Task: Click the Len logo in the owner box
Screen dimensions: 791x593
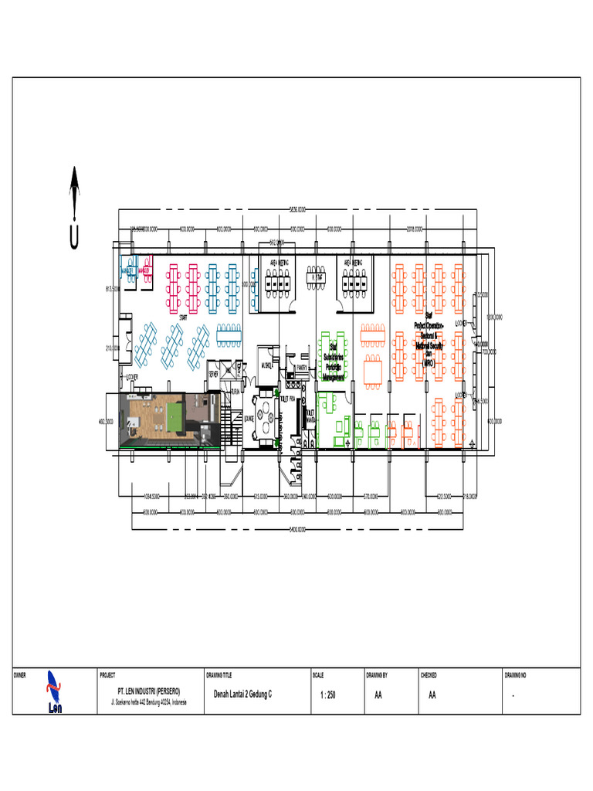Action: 54,692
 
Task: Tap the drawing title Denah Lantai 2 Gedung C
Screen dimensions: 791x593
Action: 242,695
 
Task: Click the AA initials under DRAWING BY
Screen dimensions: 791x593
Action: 378,695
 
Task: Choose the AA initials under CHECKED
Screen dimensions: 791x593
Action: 432,695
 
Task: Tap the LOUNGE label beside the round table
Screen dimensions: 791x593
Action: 249,419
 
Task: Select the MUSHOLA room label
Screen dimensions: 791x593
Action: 267,365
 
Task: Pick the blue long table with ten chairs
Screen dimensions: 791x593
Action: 229,334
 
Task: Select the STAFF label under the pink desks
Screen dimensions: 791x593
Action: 184,317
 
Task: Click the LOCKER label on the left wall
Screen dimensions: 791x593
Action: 132,378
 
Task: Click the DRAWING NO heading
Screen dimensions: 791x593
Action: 515,675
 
